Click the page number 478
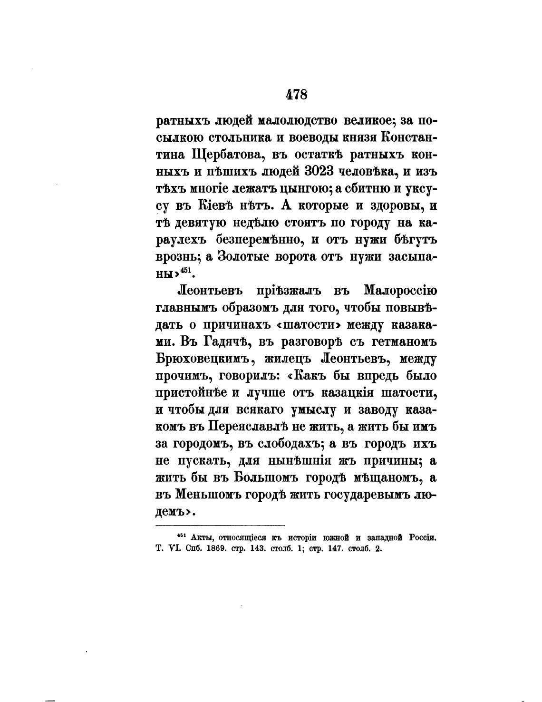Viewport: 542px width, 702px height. click(297, 94)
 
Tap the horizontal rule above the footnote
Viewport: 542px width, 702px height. click(220, 526)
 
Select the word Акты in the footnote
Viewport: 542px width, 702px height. click(198, 538)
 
